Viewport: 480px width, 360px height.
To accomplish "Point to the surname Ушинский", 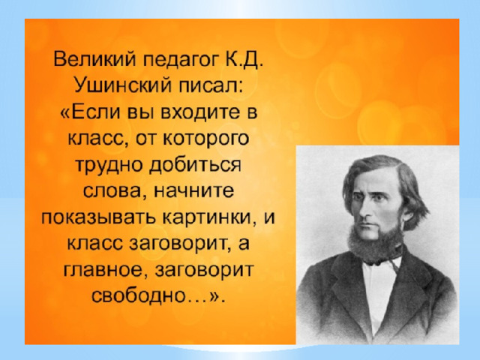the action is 123,85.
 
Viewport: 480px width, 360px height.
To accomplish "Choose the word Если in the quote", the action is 94,112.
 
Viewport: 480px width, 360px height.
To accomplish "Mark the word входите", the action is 201,112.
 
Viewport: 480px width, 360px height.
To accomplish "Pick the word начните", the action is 194,191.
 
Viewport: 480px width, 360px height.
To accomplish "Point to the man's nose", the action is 366,211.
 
